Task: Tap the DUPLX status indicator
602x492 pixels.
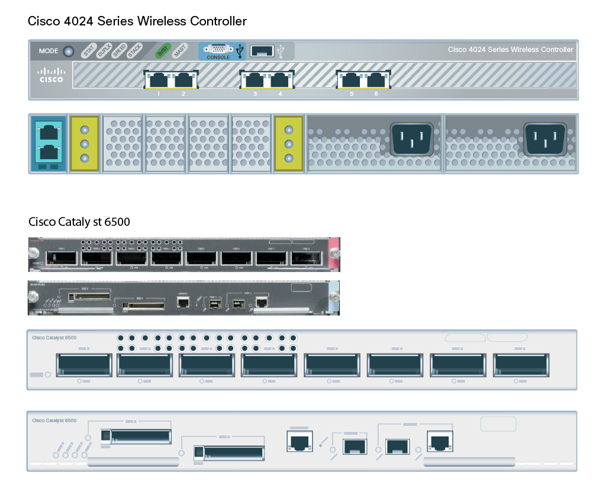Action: [x=104, y=51]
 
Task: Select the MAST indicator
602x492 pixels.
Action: [x=179, y=51]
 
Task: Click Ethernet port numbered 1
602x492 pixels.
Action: [x=158, y=79]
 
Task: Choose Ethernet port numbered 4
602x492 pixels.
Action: [x=279, y=79]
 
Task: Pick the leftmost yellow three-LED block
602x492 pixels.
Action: [x=84, y=144]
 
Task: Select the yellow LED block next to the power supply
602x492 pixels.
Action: [x=288, y=144]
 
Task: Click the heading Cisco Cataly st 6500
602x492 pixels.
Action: [x=79, y=222]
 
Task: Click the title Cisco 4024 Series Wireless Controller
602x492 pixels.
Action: [x=137, y=21]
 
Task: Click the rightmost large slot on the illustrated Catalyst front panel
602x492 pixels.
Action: [x=520, y=365]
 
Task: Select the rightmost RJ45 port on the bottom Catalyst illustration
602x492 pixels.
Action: [x=440, y=442]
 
